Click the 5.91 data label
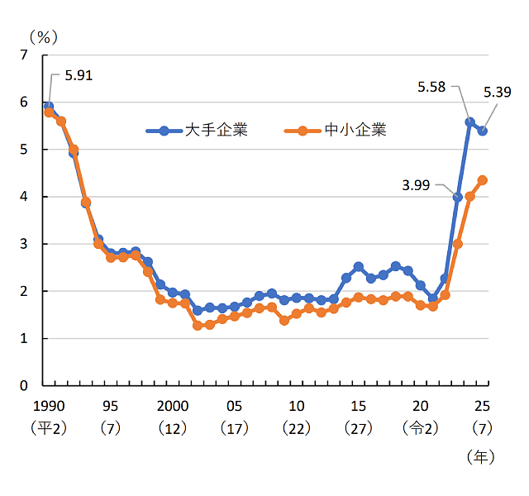click(x=73, y=75)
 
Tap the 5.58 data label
click(x=434, y=86)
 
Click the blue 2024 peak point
click(x=469, y=122)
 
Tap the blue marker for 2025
click(x=483, y=131)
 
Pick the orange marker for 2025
click(x=483, y=180)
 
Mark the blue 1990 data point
click(x=49, y=107)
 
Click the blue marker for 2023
click(x=457, y=197)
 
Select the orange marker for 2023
click(x=457, y=244)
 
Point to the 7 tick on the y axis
click(x=24, y=55)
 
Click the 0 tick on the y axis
click(x=24, y=385)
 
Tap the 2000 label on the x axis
click(x=172, y=406)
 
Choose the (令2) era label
click(x=420, y=428)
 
